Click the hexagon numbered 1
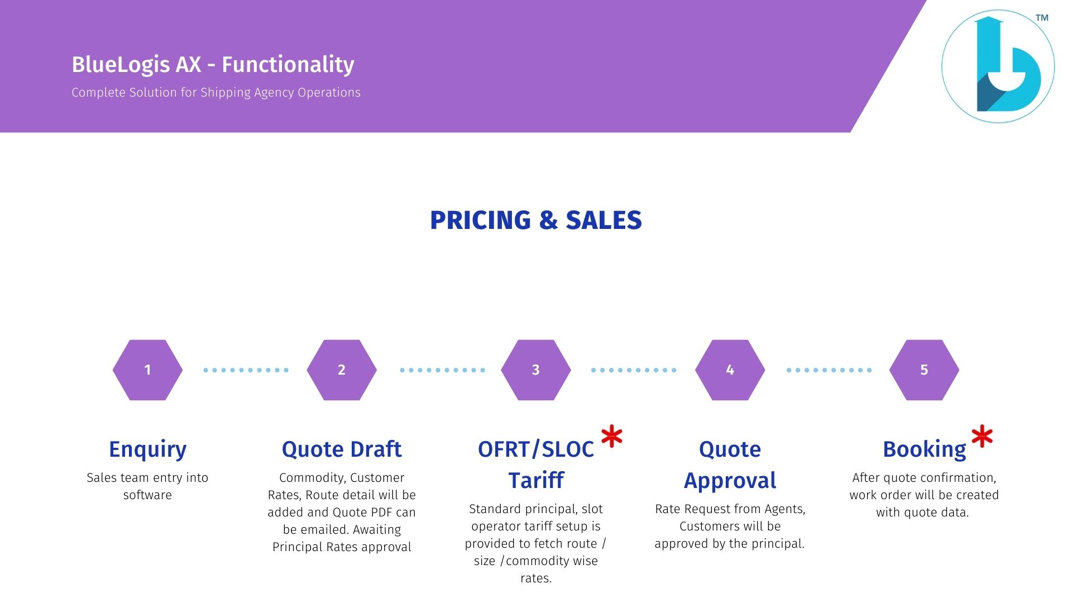coord(147,370)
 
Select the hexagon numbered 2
coord(342,370)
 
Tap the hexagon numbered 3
coord(536,370)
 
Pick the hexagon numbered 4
coord(730,370)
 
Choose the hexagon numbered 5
coord(924,370)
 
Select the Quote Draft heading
coord(342,449)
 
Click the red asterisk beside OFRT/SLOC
coord(612,437)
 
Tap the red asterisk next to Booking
coord(982,437)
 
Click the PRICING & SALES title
coord(536,220)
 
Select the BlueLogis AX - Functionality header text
coord(213,64)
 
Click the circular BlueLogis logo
coord(998,66)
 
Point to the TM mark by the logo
coord(1042,18)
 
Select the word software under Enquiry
coord(147,495)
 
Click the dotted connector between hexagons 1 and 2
coord(246,370)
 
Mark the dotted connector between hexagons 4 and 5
coord(829,370)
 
